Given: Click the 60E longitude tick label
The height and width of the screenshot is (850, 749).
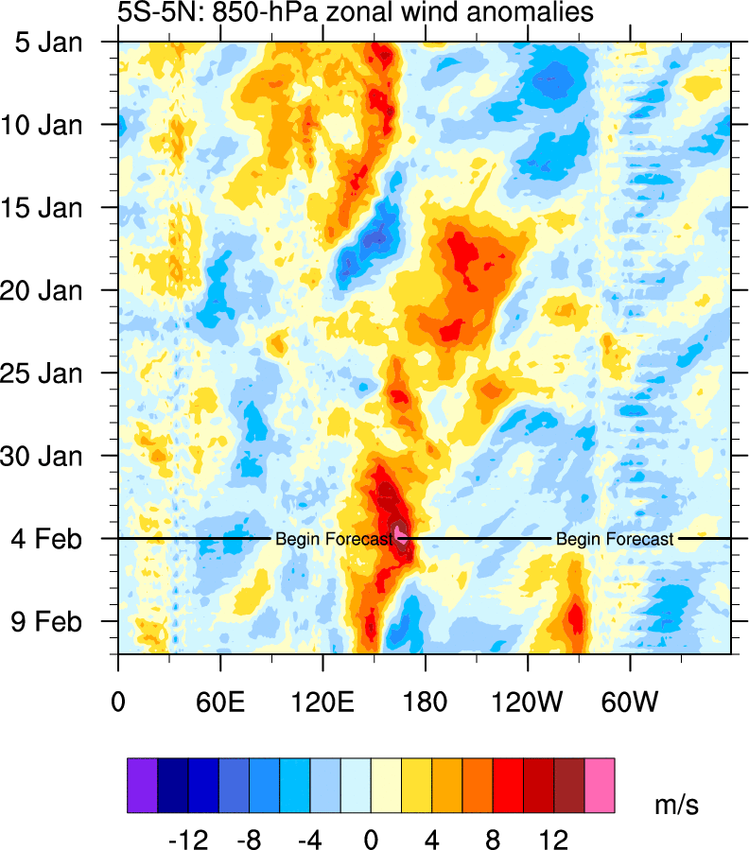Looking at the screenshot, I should (x=220, y=679).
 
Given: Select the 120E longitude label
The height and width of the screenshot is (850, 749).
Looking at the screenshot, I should (x=322, y=679).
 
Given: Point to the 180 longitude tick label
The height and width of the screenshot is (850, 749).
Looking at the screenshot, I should (x=426, y=679).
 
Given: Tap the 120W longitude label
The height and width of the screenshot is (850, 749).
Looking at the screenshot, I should (x=528, y=679).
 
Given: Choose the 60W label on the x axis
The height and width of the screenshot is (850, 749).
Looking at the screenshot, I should (x=631, y=679).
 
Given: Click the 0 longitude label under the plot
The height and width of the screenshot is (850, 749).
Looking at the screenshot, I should (x=118, y=679).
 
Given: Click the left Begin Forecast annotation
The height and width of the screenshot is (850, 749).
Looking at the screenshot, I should (x=333, y=539).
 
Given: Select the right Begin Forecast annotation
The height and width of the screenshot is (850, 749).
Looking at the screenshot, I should (x=615, y=539).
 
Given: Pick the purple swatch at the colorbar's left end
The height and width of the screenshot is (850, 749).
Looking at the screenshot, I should (x=142, y=785).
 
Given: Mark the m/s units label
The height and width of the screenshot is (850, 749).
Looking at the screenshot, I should (x=677, y=805).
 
